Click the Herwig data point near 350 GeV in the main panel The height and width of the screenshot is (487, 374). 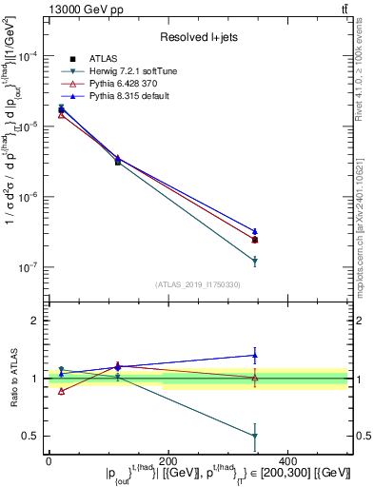click(x=255, y=261)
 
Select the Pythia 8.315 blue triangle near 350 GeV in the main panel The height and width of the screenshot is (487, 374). click(x=255, y=231)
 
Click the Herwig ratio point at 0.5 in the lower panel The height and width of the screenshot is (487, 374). click(x=255, y=437)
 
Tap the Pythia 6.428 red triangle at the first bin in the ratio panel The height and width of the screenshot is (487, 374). click(x=61, y=391)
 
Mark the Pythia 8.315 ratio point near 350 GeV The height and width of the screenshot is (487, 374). click(x=255, y=356)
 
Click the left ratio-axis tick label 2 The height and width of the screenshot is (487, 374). click(x=35, y=321)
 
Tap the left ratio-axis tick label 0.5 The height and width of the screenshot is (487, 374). click(x=30, y=437)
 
